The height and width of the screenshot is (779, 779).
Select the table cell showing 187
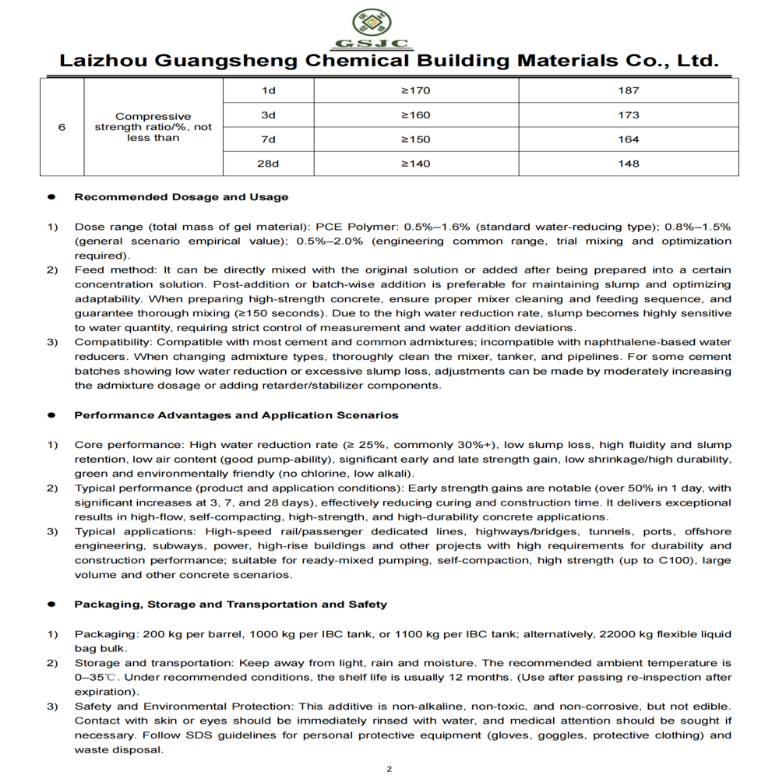[628, 90]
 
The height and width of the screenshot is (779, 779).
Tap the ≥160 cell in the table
[415, 115]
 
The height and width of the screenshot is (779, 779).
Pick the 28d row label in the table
[270, 164]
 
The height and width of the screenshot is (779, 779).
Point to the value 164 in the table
[628, 139]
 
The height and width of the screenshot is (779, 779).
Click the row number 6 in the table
[62, 127]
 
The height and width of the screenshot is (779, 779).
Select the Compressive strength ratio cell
[153, 127]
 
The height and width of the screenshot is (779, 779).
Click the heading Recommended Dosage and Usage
[181, 197]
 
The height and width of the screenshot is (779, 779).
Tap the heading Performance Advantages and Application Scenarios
[236, 415]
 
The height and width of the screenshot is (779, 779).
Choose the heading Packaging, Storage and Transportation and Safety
[230, 604]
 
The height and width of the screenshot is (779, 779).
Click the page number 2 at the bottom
[389, 769]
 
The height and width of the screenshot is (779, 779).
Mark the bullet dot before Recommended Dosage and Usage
[51, 198]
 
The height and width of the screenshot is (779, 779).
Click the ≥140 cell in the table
[415, 164]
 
